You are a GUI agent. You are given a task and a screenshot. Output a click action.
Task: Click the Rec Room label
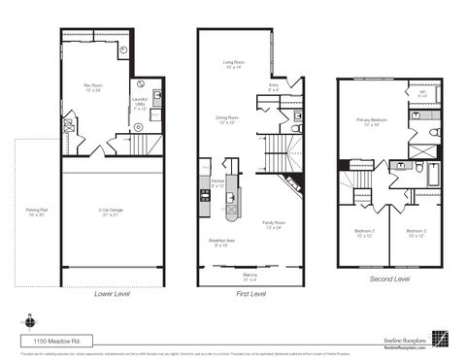[x=93, y=88]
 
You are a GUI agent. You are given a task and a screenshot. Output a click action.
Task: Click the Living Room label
[x=233, y=64]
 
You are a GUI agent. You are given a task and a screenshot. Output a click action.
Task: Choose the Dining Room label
[x=227, y=120]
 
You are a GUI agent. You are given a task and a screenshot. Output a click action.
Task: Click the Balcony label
[x=250, y=277]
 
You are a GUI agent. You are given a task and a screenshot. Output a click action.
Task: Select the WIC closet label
[x=423, y=94]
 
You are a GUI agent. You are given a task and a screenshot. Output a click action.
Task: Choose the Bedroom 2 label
[x=416, y=232]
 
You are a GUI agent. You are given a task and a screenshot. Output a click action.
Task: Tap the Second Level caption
[x=388, y=278]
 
